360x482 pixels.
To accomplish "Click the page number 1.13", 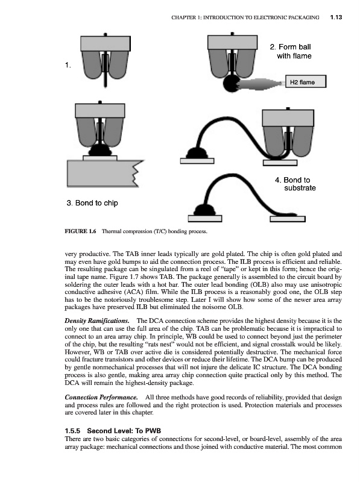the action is [336, 17].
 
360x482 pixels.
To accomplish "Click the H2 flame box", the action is [306, 82].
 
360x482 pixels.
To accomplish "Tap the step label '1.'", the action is [68, 65].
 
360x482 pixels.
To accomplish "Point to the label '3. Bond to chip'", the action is [92, 203].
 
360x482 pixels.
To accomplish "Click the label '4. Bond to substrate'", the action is [295, 184].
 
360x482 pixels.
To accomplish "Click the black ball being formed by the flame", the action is [232, 84].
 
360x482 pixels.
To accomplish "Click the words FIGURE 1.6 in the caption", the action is [80, 231].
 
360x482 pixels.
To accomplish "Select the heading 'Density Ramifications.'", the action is [97, 321].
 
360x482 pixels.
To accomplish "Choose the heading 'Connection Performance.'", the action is [101, 398].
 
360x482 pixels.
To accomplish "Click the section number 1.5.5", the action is [72, 431].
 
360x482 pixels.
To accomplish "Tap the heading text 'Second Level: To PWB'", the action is [124, 431].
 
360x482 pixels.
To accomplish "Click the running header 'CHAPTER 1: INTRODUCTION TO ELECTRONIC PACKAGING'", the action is [245, 17].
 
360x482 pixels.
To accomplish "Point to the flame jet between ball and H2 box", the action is [262, 84].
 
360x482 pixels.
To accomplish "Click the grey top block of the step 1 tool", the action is [106, 43].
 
